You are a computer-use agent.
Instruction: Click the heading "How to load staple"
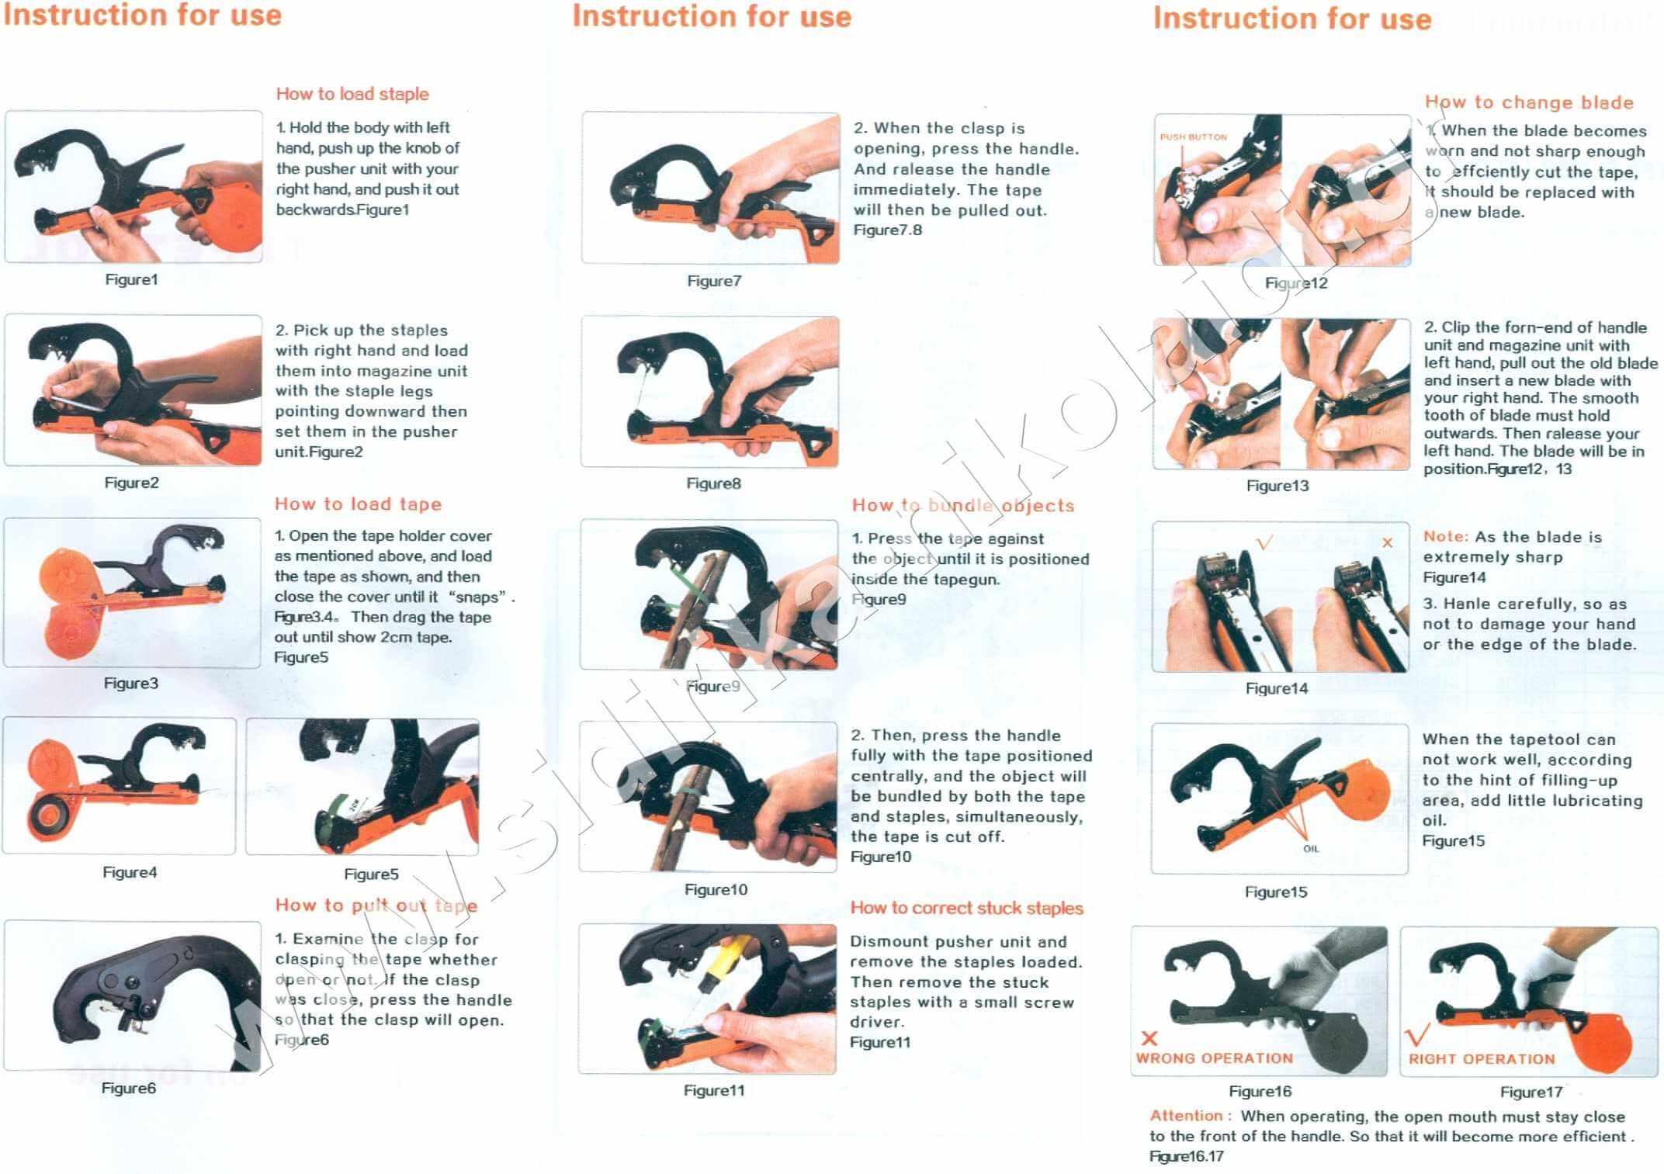pos(352,94)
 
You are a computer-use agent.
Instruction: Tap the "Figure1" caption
pos(131,279)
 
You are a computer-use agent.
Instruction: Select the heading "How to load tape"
pos(358,504)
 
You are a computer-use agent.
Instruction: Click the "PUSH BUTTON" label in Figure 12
pos(1193,137)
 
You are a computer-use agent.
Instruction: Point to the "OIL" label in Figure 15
pos(1311,849)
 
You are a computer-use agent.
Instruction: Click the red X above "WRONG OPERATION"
pos(1149,1038)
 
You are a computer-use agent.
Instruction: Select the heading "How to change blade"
pos(1529,102)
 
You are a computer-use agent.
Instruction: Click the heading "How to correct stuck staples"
pos(966,908)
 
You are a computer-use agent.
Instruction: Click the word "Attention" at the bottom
pos(1186,1116)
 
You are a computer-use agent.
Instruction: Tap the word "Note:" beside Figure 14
pos(1446,537)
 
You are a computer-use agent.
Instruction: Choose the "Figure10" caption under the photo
pos(716,890)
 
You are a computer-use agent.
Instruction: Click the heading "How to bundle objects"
pos(963,506)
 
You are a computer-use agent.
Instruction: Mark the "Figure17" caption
pos(1531,1093)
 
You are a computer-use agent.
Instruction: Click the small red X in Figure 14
pos(1388,542)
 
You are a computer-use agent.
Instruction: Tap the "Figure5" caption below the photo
pos(371,874)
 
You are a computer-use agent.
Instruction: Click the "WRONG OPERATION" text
pos(1215,1058)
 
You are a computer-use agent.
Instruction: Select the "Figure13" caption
pos(1277,486)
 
